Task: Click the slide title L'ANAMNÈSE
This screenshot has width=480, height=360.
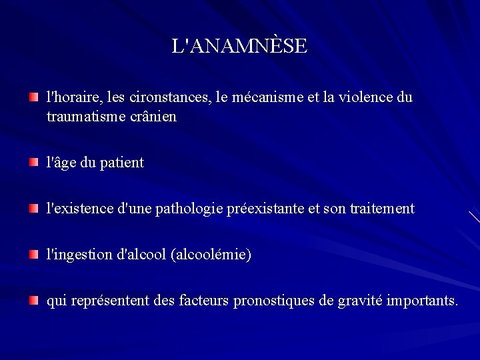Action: click(239, 46)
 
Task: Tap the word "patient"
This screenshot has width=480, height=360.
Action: click(121, 163)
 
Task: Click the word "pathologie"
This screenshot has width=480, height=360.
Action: click(193, 209)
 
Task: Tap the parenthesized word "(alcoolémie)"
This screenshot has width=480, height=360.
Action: click(211, 255)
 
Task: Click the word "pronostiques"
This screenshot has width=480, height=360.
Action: click(274, 301)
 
